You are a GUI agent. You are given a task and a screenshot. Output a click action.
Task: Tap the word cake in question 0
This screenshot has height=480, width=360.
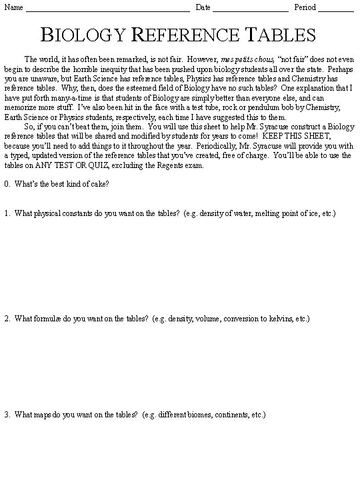pyautogui.click(x=97, y=184)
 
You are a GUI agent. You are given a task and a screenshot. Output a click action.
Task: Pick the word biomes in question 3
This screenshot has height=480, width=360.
pyautogui.click(x=198, y=415)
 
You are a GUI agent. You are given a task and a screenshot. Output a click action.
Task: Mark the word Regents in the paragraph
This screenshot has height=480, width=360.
pyautogui.click(x=141, y=166)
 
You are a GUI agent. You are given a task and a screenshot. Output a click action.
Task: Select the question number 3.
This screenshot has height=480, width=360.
pyautogui.click(x=6, y=415)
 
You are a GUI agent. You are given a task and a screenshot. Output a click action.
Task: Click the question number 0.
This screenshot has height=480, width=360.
pyautogui.click(x=6, y=184)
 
